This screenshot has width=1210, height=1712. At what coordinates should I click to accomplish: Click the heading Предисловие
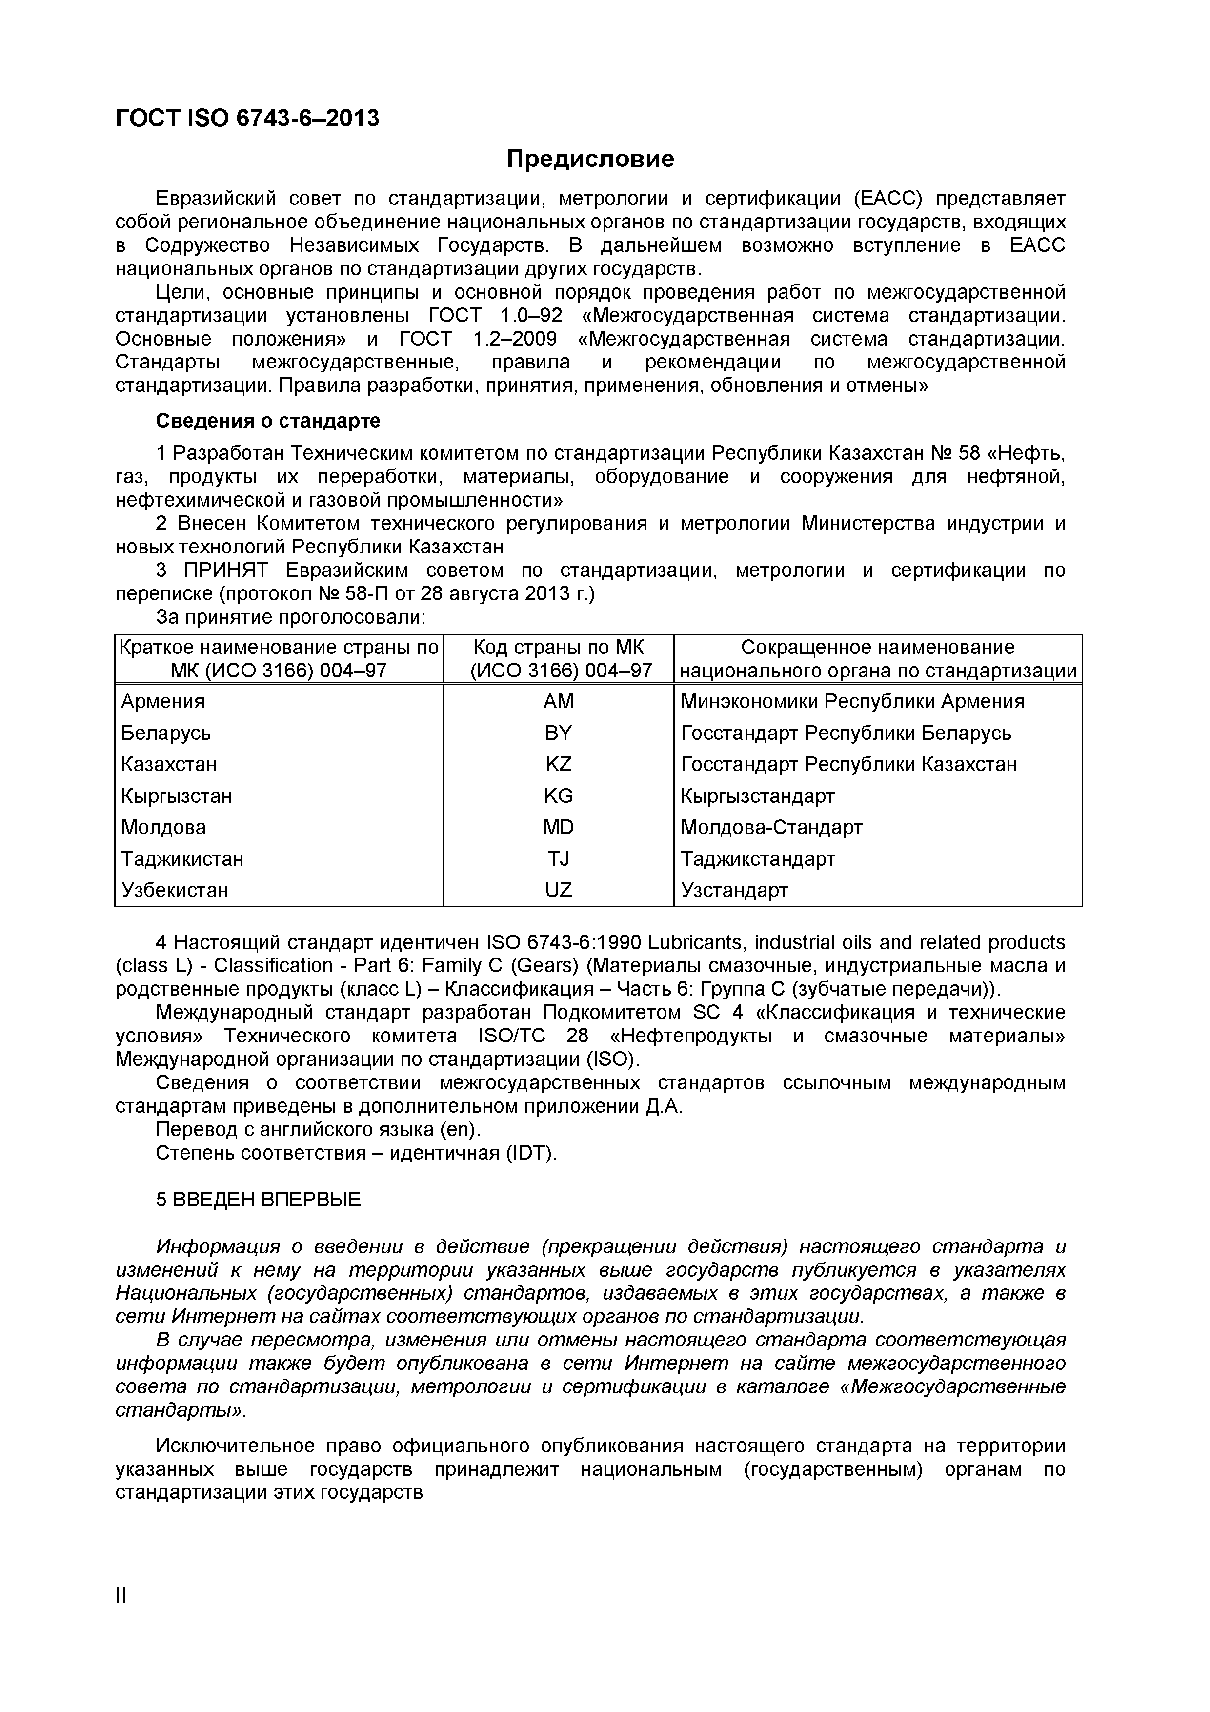click(x=590, y=159)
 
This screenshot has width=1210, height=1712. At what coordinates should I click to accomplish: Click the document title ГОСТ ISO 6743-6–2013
click(x=247, y=118)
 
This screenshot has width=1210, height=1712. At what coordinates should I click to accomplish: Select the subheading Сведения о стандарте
click(x=268, y=421)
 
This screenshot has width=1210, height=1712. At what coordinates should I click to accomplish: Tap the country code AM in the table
click(x=558, y=702)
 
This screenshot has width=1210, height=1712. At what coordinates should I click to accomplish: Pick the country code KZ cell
click(x=558, y=764)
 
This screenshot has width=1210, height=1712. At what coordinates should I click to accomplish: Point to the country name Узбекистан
click(x=175, y=890)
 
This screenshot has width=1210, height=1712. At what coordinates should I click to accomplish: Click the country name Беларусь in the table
click(x=165, y=733)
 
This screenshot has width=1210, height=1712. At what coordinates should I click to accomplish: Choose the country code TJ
click(x=558, y=859)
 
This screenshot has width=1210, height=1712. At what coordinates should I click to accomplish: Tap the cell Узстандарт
click(x=734, y=890)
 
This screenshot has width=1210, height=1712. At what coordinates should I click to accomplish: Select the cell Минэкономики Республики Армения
click(x=852, y=702)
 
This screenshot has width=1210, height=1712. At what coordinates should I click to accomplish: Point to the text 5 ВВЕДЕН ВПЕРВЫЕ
click(x=258, y=1199)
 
